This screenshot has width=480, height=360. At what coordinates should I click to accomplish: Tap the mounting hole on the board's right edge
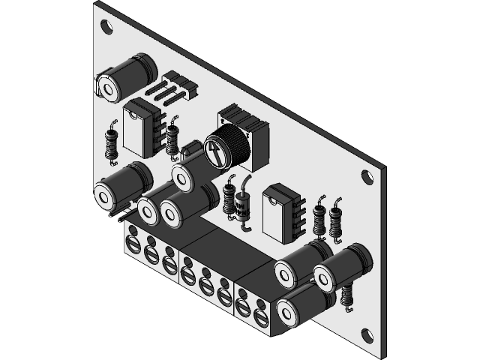pyautogui.click(x=367, y=177)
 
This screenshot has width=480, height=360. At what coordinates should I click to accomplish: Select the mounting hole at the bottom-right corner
pyautogui.click(x=367, y=334)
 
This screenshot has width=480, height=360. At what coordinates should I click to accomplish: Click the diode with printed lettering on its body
pyautogui.click(x=242, y=205)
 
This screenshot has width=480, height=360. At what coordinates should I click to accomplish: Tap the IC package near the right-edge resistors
pyautogui.click(x=280, y=212)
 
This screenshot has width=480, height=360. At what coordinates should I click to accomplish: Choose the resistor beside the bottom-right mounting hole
pyautogui.click(x=347, y=293)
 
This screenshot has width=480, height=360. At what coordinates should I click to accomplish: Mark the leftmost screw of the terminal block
pyautogui.click(x=133, y=244)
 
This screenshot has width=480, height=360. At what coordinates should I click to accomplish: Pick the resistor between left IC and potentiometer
pyautogui.click(x=173, y=136)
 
